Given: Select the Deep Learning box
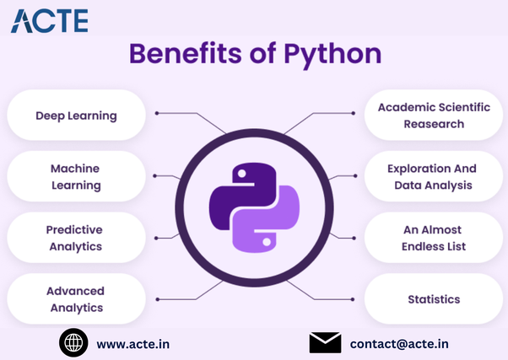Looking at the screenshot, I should click(x=75, y=115).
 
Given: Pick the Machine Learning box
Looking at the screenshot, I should click(x=75, y=176).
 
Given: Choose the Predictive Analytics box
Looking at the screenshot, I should click(x=75, y=238).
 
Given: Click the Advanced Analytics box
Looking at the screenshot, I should click(x=75, y=299).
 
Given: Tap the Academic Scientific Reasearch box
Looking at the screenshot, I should click(x=432, y=116).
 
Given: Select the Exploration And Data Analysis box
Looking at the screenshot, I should click(x=432, y=176).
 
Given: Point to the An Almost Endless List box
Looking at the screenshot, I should click(x=432, y=238).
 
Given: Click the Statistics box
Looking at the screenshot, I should click(x=432, y=299).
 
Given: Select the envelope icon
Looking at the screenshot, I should click(x=324, y=342).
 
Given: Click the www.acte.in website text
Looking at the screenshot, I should click(x=132, y=343).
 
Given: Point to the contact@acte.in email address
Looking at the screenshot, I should click(x=398, y=343).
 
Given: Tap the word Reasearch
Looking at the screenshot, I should click(x=433, y=124).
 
